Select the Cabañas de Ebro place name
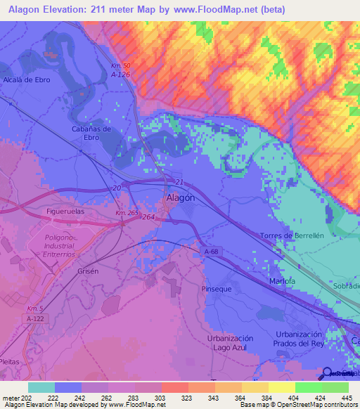pyautogui.click(x=91, y=133)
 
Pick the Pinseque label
pyautogui.click(x=216, y=289)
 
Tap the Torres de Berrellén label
pyautogui.click(x=291, y=235)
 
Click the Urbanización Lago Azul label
pyautogui.click(x=230, y=343)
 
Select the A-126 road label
pyautogui.click(x=121, y=74)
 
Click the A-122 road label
pyautogui.click(x=36, y=318)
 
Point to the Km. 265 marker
pyautogui.click(x=127, y=213)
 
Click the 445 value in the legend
pyautogui.click(x=346, y=398)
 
